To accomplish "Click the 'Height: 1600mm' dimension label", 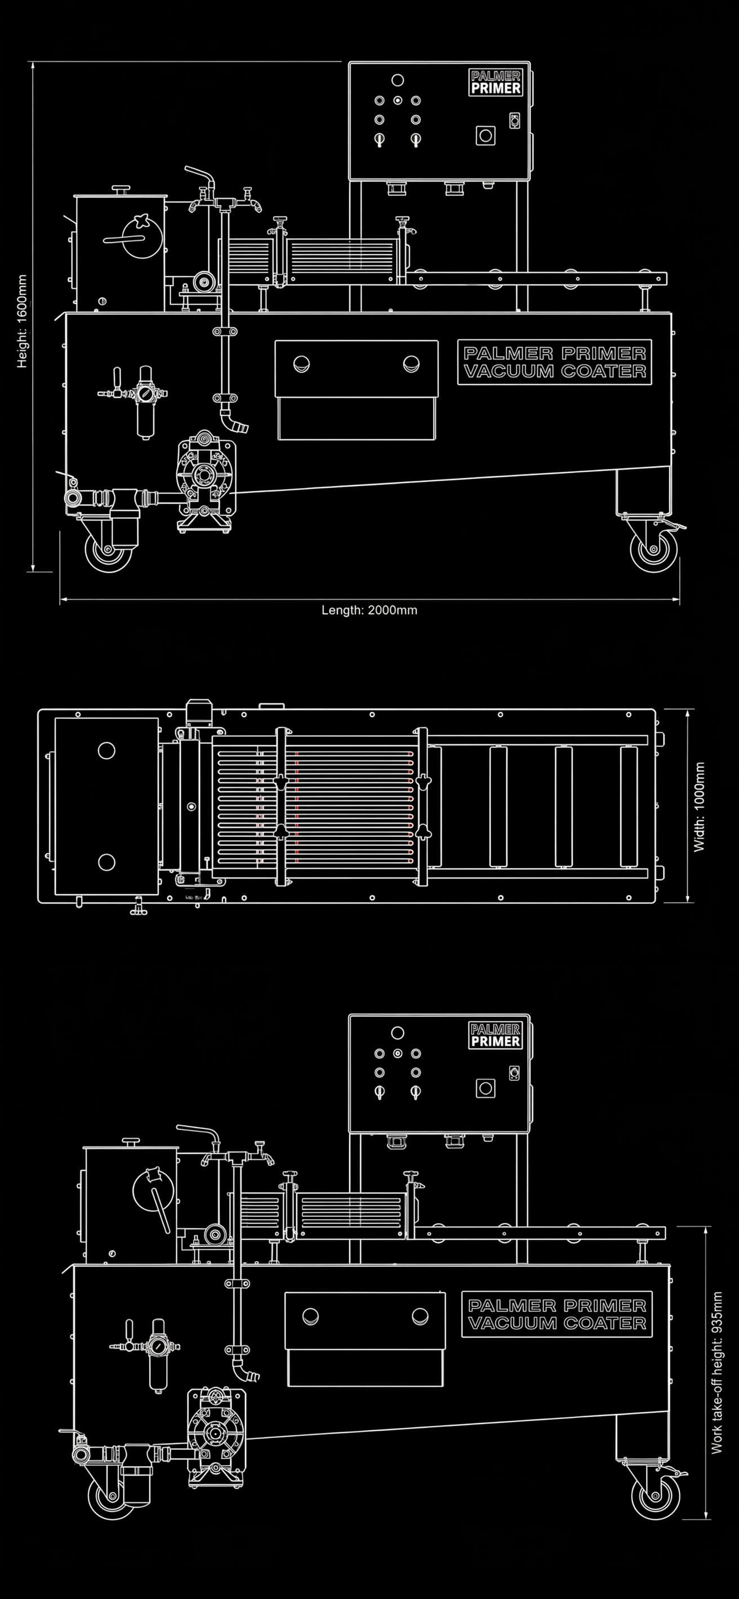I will pyautogui.click(x=23, y=321).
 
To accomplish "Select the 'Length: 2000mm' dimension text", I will pyautogui.click(x=369, y=610).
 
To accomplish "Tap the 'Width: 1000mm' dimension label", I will pyautogui.click(x=700, y=807).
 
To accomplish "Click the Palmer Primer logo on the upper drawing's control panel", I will pyautogui.click(x=495, y=83).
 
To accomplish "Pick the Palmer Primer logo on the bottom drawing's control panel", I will pyautogui.click(x=495, y=1036).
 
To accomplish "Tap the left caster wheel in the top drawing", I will pyautogui.click(x=108, y=550).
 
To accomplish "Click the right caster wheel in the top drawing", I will pyautogui.click(x=653, y=550).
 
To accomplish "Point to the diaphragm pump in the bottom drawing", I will pyautogui.click(x=216, y=1429).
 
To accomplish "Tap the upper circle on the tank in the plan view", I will pyautogui.click(x=106, y=750).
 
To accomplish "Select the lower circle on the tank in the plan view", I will pyautogui.click(x=106, y=862).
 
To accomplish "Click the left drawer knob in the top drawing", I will pyautogui.click(x=302, y=364).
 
